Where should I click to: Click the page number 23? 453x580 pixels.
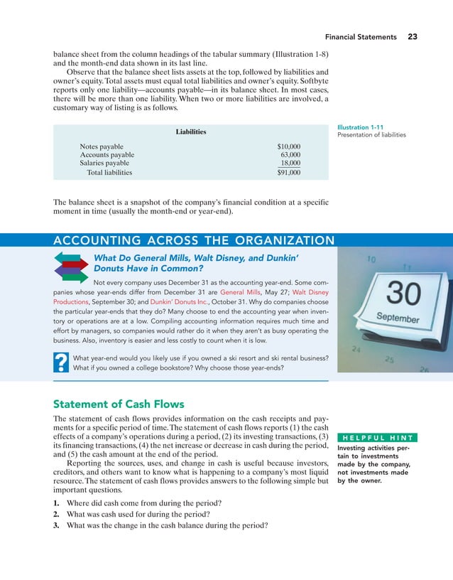point(413,37)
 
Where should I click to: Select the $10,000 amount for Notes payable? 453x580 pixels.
point(288,146)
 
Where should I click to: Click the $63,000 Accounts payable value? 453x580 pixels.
point(290,154)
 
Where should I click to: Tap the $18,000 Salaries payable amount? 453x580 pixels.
point(290,163)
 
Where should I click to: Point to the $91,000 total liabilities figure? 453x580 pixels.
point(288,172)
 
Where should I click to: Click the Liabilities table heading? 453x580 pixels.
point(191,131)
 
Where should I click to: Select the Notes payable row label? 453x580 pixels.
point(102,146)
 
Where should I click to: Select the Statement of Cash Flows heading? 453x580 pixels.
point(119,404)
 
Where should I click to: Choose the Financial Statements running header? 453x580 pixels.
point(361,37)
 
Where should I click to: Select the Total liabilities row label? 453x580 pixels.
point(109,172)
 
